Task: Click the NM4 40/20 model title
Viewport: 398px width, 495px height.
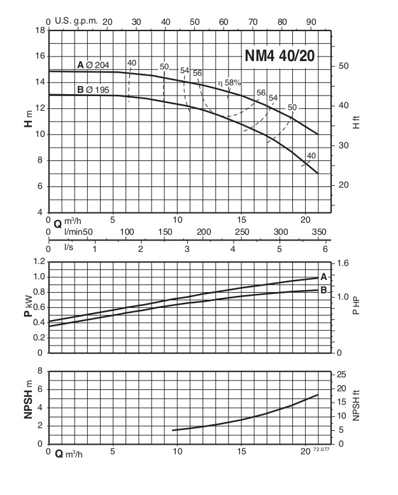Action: click(x=280, y=56)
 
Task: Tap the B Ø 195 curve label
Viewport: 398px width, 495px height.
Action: click(x=93, y=90)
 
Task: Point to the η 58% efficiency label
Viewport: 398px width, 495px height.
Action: click(x=229, y=83)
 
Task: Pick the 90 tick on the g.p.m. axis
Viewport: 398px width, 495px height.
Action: click(x=312, y=22)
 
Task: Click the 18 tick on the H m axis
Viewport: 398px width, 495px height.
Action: click(x=39, y=30)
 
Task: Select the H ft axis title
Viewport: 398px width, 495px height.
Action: click(x=357, y=122)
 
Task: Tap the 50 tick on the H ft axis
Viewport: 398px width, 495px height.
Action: click(x=343, y=66)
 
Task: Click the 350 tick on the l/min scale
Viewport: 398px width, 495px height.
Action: click(x=318, y=231)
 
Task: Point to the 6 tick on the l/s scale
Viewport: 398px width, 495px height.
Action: click(x=325, y=248)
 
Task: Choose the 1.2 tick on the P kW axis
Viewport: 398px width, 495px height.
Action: click(x=38, y=262)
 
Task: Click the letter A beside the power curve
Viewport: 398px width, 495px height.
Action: click(x=324, y=277)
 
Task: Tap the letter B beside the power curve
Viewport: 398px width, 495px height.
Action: click(x=324, y=290)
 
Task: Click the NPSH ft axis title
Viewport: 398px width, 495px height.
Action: click(x=357, y=407)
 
